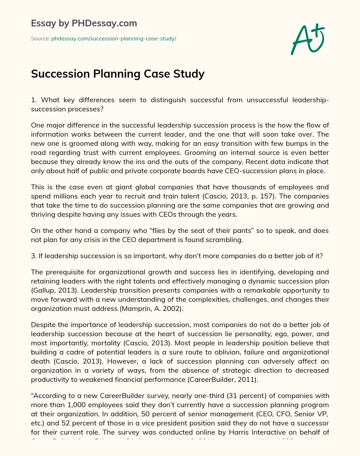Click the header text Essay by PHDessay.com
[84, 24]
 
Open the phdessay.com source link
[114, 39]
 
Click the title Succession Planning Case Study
[118, 74]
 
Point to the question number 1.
[33, 100]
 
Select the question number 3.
[33, 256]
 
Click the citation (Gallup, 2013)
[50, 290]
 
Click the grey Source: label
[40, 39]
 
